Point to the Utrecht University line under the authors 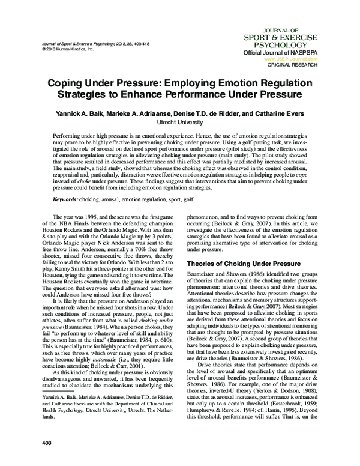tap(180, 120)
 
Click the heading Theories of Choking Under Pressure tap(240, 264)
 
